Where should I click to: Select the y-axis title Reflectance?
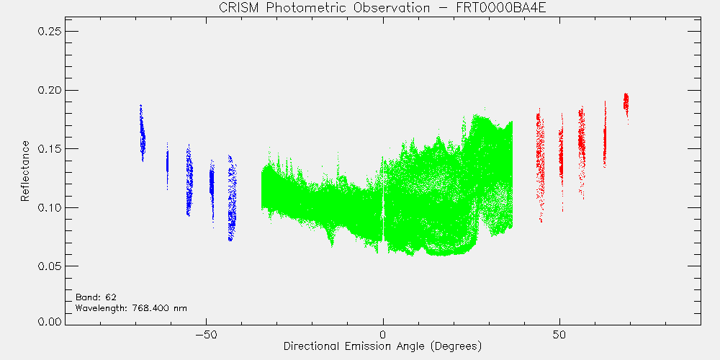24,171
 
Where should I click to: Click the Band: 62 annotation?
92,297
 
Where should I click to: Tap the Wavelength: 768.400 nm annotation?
131,307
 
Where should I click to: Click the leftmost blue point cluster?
143,134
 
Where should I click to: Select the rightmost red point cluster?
626,102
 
